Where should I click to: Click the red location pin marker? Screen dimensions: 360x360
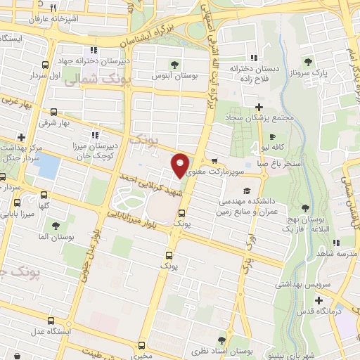[x=180, y=165]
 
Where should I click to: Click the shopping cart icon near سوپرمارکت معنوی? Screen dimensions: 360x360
[x=214, y=160]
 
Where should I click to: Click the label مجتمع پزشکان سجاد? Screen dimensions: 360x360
[x=265, y=119]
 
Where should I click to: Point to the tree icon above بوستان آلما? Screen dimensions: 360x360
[x=56, y=226]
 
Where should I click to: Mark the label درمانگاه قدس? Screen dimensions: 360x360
[x=331, y=309]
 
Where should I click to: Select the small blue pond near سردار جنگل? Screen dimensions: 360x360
[x=49, y=166]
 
